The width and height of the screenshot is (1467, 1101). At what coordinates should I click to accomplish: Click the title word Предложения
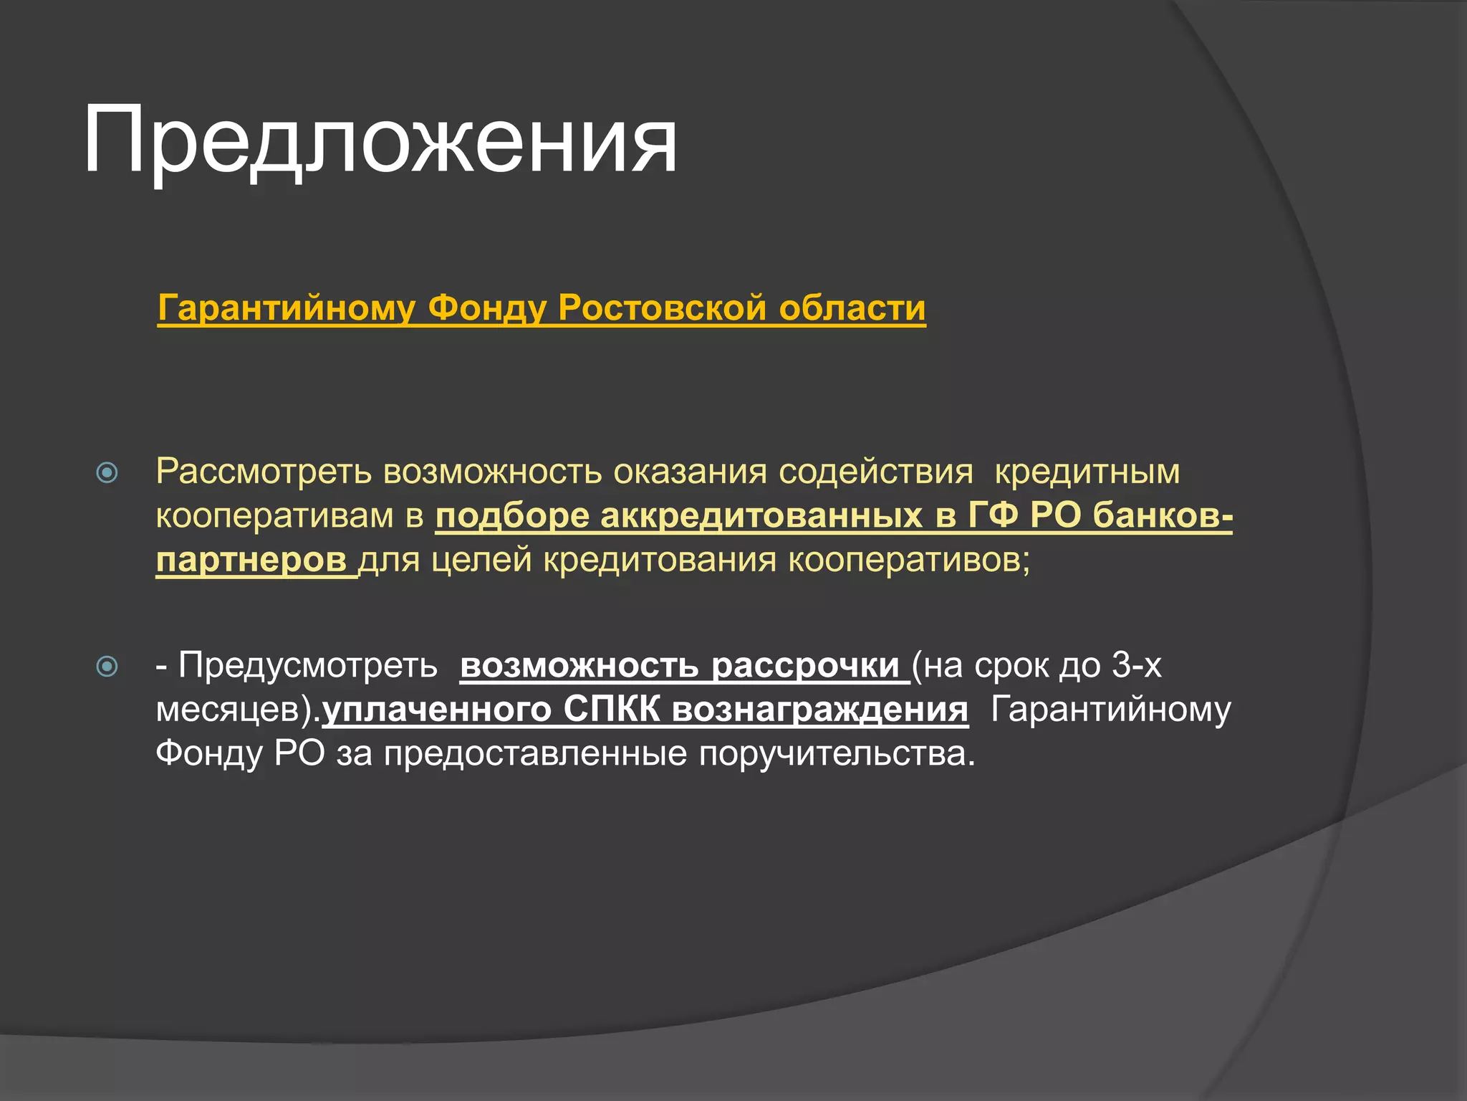[x=380, y=140]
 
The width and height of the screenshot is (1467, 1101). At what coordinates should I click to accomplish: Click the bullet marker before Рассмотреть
[x=107, y=472]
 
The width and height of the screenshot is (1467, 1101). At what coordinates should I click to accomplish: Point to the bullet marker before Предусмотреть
[x=107, y=667]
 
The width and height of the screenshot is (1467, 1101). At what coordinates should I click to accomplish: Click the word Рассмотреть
[x=263, y=472]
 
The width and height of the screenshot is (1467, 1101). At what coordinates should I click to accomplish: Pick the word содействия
[x=875, y=472]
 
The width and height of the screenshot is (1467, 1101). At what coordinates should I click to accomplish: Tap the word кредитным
[x=1087, y=472]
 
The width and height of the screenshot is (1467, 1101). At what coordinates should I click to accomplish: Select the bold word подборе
[x=512, y=516]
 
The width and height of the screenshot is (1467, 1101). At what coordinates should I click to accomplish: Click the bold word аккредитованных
[x=761, y=516]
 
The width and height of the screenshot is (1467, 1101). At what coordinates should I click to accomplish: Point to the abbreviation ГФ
[x=993, y=516]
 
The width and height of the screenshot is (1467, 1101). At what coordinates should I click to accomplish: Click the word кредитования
[x=659, y=561]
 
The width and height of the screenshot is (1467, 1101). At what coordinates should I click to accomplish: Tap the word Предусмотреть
[x=308, y=665]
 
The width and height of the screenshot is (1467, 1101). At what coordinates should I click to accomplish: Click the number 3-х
[x=1136, y=665]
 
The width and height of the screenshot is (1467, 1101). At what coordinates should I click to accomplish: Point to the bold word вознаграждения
[x=820, y=710]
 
